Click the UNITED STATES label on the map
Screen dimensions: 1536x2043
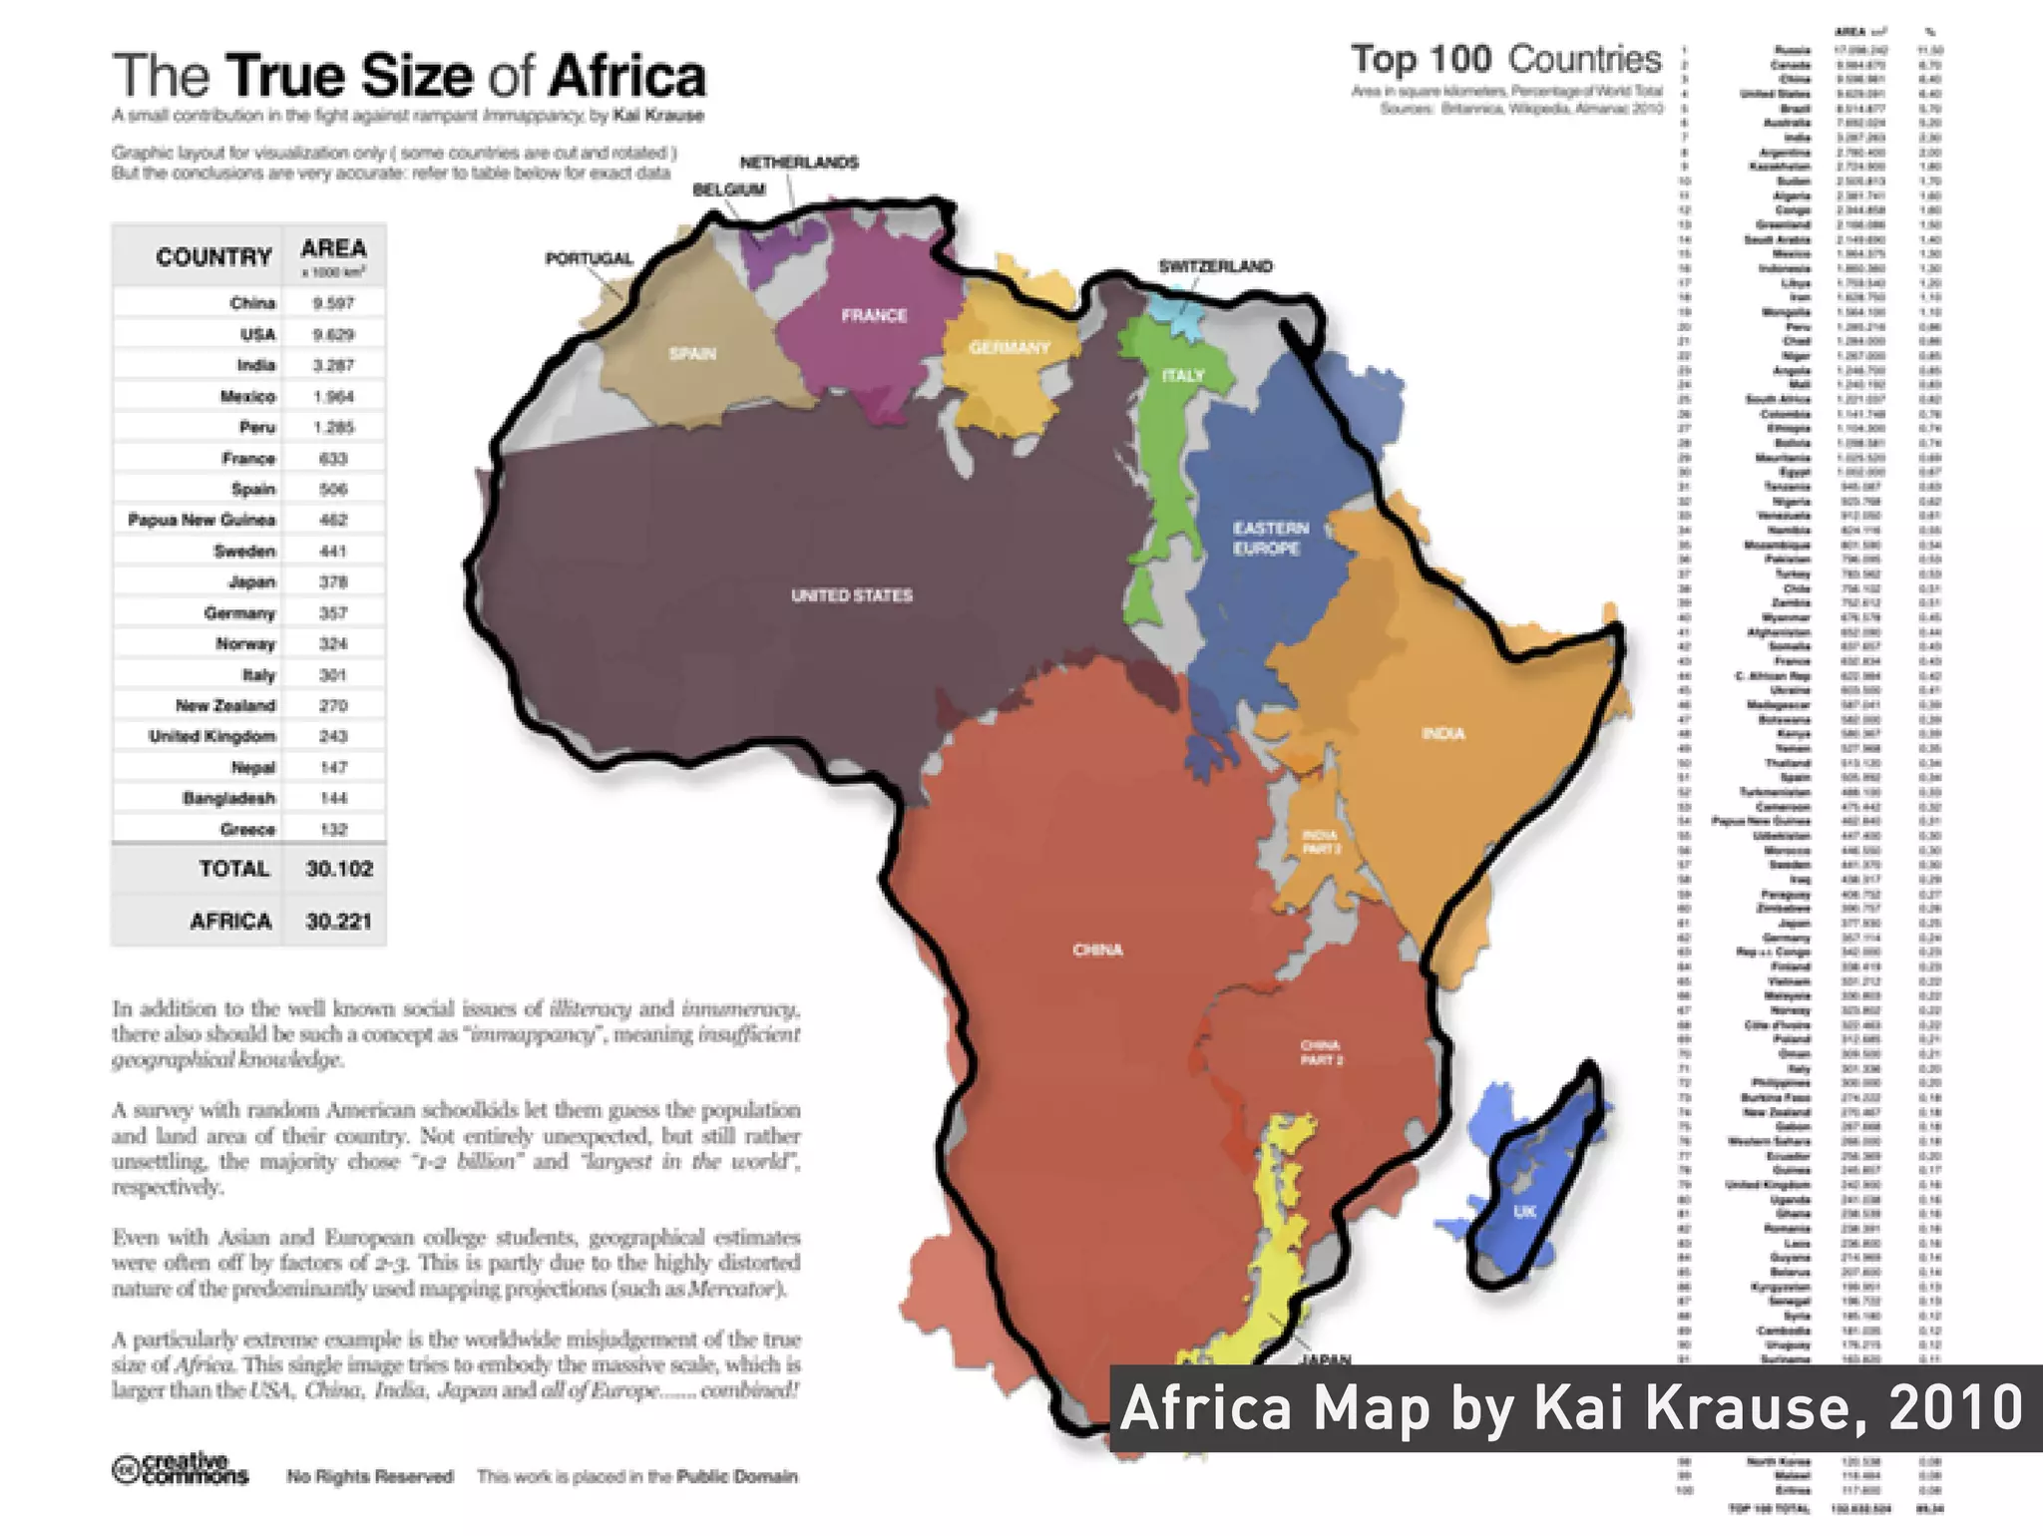pos(851,595)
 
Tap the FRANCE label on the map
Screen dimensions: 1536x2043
pos(874,315)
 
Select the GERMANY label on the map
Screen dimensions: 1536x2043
pos(1009,347)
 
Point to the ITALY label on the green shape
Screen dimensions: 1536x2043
pos(1183,375)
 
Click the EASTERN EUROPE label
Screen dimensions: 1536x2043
pos(1269,538)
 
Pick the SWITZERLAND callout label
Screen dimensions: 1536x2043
pos(1215,266)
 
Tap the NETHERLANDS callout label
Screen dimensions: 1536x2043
pos(799,163)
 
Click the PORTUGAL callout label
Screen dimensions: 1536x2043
pos(589,258)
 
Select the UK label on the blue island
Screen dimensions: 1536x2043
pos(1524,1212)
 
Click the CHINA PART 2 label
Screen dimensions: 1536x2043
pos(1321,1052)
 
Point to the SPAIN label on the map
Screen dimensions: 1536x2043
pos(692,353)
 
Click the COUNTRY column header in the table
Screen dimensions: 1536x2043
pos(213,257)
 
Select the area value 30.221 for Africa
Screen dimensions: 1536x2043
pos(338,921)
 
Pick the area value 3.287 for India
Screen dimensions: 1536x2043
pos(332,365)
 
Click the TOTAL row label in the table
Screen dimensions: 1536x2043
pos(233,869)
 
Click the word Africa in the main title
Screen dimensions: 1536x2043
pos(627,77)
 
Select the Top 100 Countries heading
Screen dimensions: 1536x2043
pos(1506,59)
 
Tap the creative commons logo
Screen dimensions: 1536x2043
pos(180,1470)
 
